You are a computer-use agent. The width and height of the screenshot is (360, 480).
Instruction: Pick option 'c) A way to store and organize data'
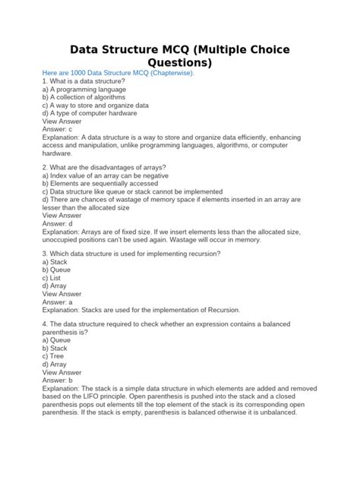tap(95, 106)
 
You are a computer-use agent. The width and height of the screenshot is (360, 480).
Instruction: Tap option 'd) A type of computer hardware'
tap(90, 113)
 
